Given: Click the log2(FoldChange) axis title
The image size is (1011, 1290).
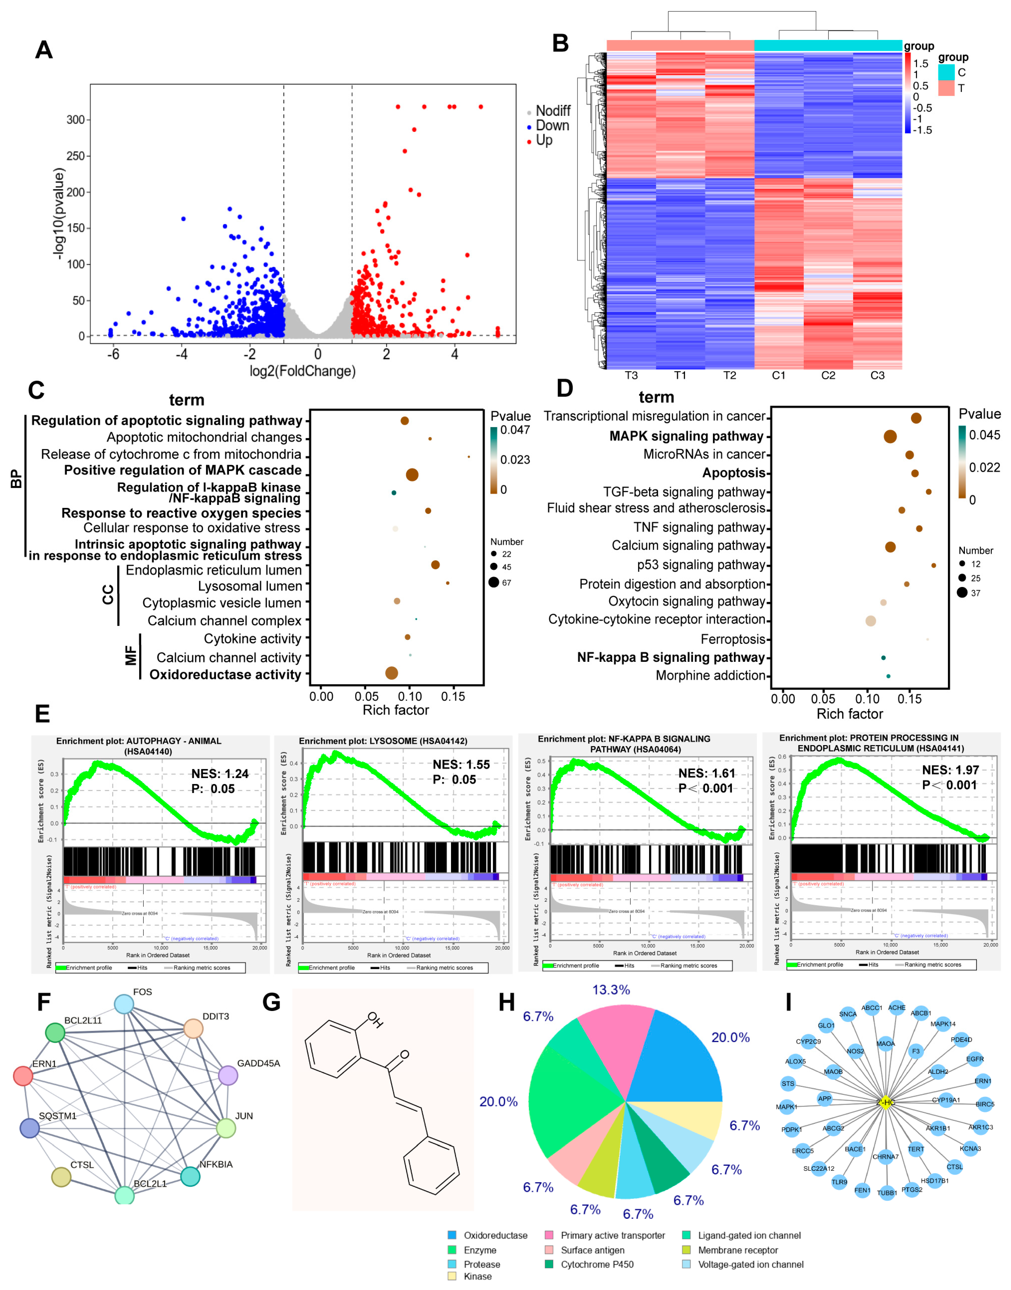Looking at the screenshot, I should (303, 371).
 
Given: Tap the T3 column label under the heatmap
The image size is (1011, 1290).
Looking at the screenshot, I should (631, 375).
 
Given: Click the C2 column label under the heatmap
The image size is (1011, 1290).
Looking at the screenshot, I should (828, 375).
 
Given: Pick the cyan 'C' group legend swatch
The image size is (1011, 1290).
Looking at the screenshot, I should (946, 72).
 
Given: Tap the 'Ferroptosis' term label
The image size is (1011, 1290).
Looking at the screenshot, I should (733, 639).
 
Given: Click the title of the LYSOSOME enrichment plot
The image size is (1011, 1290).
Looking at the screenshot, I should (383, 741).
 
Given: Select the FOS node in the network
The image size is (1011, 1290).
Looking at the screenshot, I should (124, 1005).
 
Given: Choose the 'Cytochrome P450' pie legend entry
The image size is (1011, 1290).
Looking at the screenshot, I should (597, 1264).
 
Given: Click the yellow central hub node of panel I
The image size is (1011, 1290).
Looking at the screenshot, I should (885, 1102).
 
